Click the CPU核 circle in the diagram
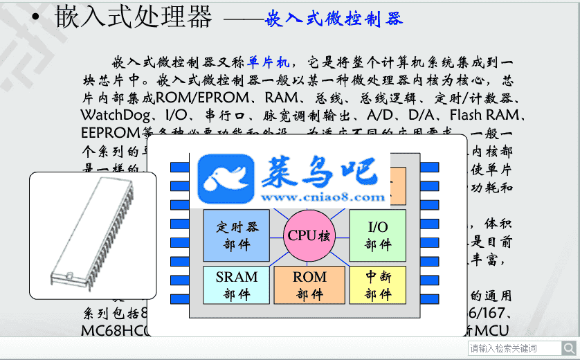pyautogui.click(x=309, y=235)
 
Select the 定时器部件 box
pyautogui.click(x=236, y=235)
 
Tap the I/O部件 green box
pyautogui.click(x=377, y=235)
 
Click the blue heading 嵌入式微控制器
pyautogui.click(x=334, y=19)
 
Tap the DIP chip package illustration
pyautogui.click(x=93, y=235)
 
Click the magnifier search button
pyautogui.click(x=568, y=348)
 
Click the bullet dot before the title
pyautogui.click(x=35, y=18)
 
